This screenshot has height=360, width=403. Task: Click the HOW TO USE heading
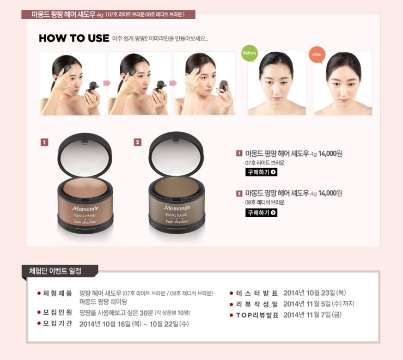(x=74, y=38)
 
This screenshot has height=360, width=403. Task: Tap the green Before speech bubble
(x=249, y=53)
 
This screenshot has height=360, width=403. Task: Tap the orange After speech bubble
(x=317, y=54)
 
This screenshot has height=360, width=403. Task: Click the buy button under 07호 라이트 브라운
(x=261, y=172)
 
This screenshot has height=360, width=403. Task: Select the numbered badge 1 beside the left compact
(x=45, y=142)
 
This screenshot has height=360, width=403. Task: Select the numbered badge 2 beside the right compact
(x=137, y=142)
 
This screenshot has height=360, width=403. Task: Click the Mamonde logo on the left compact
(x=85, y=209)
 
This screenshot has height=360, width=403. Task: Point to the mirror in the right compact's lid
(x=176, y=156)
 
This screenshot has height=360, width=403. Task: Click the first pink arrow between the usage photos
(x=107, y=83)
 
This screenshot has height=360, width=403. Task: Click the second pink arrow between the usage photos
(x=173, y=83)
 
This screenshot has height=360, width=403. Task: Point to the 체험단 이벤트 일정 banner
(x=59, y=271)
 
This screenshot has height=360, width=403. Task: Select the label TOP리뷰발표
(x=257, y=315)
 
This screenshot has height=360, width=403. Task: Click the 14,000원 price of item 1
(x=330, y=154)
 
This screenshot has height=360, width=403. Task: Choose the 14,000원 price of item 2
(x=330, y=193)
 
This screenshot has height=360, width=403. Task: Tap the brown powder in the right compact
(x=176, y=186)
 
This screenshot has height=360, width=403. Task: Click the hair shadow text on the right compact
(x=177, y=221)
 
